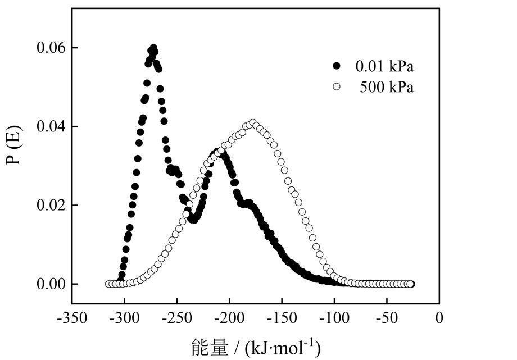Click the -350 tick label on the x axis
click(71, 318)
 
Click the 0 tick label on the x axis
click(439, 318)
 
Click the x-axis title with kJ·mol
click(256, 347)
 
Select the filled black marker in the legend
click(337, 66)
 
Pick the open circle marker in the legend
click(337, 87)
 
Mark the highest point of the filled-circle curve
click(153, 48)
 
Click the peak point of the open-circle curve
click(253, 122)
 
